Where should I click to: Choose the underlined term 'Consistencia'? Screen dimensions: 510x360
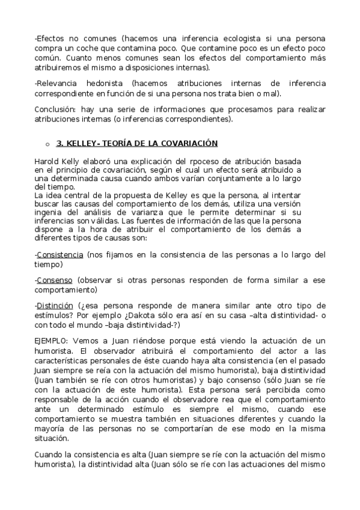coord(59,255)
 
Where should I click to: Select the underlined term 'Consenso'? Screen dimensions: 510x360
coord(55,280)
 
